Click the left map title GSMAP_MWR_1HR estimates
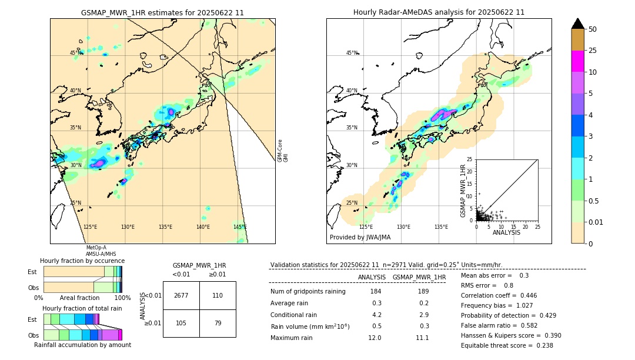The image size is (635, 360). tap(162, 12)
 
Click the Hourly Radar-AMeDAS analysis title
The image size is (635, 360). tap(439, 12)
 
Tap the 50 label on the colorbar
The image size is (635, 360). tap(593, 29)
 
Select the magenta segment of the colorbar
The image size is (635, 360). tap(577, 61)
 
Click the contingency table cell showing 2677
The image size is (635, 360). tap(181, 295)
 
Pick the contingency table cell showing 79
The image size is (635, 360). tap(218, 322)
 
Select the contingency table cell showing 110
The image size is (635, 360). tap(218, 295)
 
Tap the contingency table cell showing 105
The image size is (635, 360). tap(181, 322)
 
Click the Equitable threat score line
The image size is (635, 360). tap(507, 345)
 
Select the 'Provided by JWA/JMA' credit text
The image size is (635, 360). tap(360, 238)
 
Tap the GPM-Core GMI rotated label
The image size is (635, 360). tap(283, 151)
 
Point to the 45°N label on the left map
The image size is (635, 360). tap(75, 53)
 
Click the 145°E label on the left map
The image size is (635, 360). tap(240, 227)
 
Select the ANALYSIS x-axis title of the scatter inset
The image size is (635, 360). tap(506, 232)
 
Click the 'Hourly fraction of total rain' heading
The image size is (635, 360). tap(82, 308)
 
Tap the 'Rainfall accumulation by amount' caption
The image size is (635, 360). tap(82, 345)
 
